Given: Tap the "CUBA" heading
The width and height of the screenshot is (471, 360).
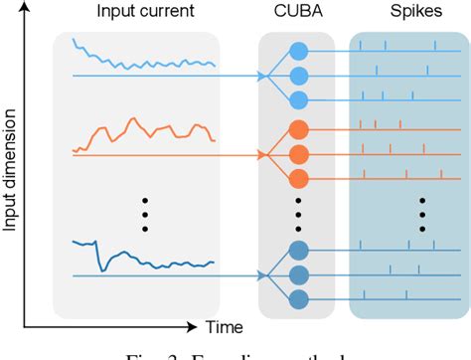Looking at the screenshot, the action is [x=296, y=13].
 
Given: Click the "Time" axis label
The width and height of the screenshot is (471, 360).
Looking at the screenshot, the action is [x=224, y=326].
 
